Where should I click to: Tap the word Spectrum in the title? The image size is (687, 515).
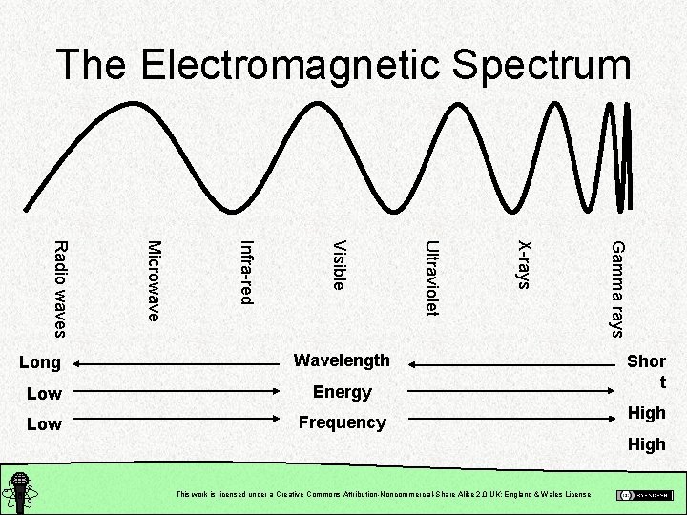[540, 66]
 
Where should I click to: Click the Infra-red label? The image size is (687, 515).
[245, 274]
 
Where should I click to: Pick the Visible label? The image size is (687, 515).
[337, 265]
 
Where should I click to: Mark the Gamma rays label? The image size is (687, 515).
[616, 288]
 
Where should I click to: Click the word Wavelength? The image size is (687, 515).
[342, 360]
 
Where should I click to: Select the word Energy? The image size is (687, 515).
[342, 392]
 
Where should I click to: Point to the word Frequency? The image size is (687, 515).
[342, 422]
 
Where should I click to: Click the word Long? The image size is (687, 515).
[41, 362]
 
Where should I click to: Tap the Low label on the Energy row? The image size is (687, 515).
[44, 393]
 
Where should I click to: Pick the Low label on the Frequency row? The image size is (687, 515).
[44, 423]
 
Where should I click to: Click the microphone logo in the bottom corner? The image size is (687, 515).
[19, 494]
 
